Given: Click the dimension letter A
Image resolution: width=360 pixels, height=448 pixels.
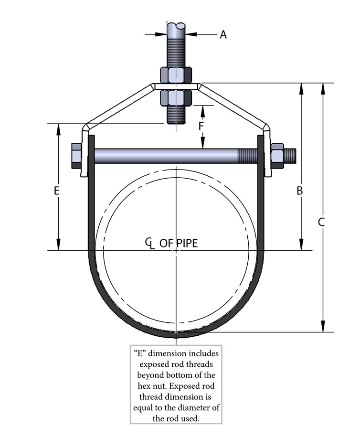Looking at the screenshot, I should click(223, 34).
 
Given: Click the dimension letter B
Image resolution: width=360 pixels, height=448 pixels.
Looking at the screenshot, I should click(300, 191).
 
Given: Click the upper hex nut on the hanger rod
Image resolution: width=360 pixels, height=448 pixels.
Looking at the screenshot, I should click(175, 75).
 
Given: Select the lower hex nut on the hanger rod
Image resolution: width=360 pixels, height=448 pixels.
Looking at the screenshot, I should click(175, 97).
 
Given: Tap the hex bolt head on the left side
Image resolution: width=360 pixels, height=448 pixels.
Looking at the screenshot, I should click(76, 156).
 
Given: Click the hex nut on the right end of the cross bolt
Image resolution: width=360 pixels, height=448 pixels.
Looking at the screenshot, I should click(277, 156).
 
